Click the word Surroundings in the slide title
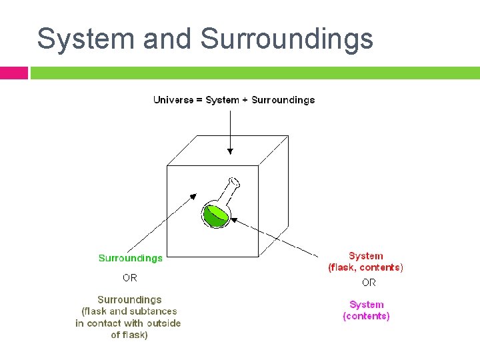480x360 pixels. (x=287, y=39)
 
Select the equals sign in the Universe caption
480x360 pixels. (x=199, y=100)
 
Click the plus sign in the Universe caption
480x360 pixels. (x=245, y=100)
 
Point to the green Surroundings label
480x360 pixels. (x=130, y=258)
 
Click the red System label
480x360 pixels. (x=365, y=256)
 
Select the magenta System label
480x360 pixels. (x=366, y=305)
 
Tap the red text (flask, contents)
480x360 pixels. (x=365, y=267)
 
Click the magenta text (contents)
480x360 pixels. (x=366, y=316)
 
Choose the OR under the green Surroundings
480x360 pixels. (x=130, y=278)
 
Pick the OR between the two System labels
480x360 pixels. (x=369, y=283)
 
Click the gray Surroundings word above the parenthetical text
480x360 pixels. (x=129, y=300)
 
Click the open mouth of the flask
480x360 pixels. (x=234, y=181)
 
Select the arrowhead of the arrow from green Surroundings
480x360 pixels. (x=193, y=197)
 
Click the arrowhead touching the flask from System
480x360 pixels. (x=234, y=218)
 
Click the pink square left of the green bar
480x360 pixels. (x=13, y=73)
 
